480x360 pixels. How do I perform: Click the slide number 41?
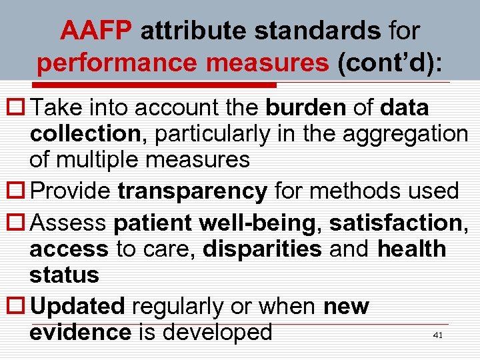tap(437, 335)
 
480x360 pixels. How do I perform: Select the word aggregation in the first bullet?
tap(405, 133)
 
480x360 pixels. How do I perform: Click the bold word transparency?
tap(192, 191)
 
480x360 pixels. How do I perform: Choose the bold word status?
tap(64, 275)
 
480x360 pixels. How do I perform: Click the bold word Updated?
tap(78, 306)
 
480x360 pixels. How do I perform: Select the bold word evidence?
tap(80, 331)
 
